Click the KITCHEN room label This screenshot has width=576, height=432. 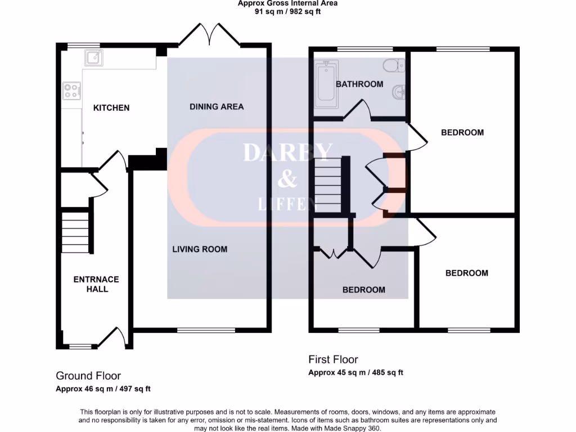point(111,107)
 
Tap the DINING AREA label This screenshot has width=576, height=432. point(217,106)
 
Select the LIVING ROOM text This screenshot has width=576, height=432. point(200,249)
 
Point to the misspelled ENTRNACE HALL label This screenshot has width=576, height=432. point(96,284)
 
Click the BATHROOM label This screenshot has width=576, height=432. point(359,84)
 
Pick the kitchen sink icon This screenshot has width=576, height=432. point(93,57)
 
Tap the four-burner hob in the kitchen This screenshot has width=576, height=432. point(72,91)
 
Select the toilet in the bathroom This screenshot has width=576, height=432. point(393,66)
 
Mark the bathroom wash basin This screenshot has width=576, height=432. point(398,91)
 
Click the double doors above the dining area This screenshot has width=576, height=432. point(210,35)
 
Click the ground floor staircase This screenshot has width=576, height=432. point(75,232)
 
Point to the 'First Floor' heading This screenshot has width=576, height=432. point(333,359)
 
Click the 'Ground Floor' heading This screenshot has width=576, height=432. point(88,376)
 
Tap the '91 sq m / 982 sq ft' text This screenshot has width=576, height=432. point(287,11)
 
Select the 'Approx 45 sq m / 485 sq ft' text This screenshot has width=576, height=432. point(355,372)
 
